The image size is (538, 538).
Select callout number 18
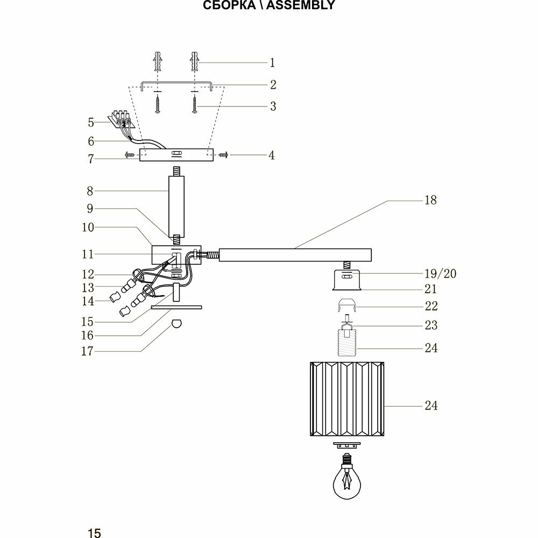click(430, 200)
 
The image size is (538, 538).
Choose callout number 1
click(272, 63)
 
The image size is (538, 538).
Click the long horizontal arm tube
click(295, 254)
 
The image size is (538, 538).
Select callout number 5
click(91, 122)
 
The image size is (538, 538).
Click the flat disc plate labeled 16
click(176, 308)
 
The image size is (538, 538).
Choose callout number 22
click(431, 306)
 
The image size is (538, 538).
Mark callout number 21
click(430, 289)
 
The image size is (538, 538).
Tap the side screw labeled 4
click(224, 155)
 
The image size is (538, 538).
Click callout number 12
click(87, 274)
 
